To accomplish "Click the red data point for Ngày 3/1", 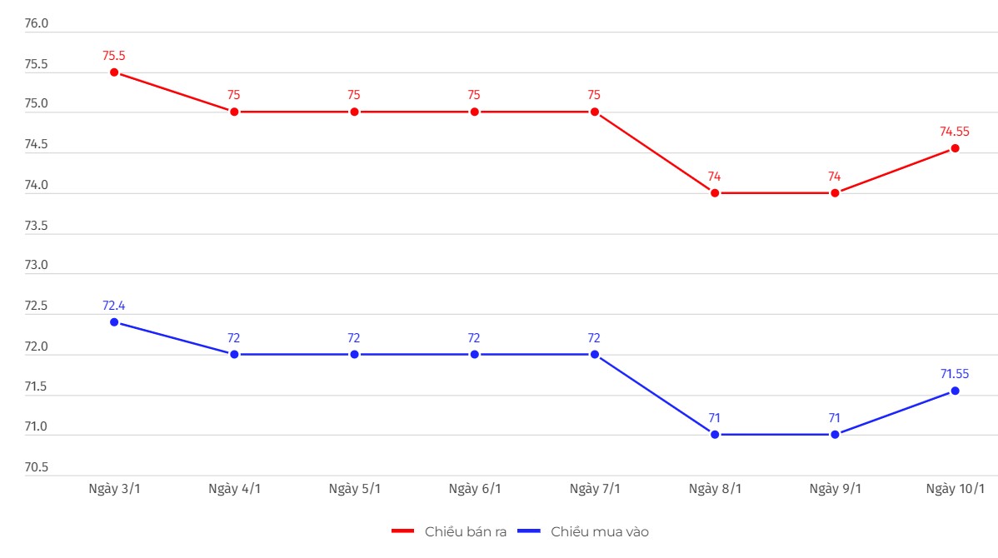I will pos(114,72).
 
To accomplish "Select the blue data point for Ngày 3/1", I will pos(114,322).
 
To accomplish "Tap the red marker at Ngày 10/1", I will pos(955,148).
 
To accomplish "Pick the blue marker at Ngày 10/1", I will pos(955,391).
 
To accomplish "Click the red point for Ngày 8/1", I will pos(715,192).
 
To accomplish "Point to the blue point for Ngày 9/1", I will pos(835,434).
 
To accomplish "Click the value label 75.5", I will pos(114,56).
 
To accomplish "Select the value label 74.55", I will pos(955,132).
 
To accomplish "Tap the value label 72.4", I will pos(114,306).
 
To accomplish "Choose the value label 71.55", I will pos(955,374).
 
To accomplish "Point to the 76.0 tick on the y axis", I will pos(37,23).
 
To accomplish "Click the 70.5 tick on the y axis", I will pos(37,467).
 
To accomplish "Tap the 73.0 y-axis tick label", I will pos(37,266).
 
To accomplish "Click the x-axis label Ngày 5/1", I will pos(354,489).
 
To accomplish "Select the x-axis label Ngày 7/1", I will pos(595,489).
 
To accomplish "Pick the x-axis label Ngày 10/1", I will pos(955,489).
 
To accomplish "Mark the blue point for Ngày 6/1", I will pos(475,354).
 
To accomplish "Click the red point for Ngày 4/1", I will pos(234,112).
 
